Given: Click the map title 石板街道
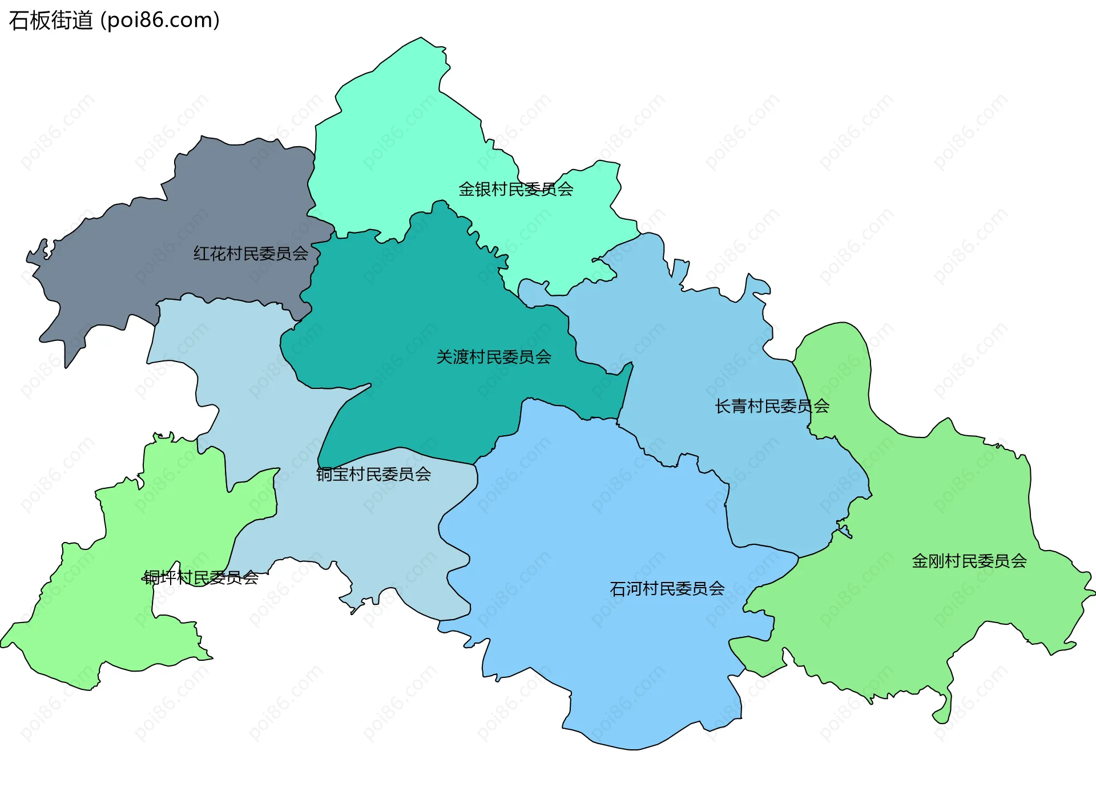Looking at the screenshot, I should pyautogui.click(x=51, y=21).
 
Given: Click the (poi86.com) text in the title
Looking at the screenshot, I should pyautogui.click(x=160, y=21).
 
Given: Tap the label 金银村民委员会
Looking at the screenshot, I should pyautogui.click(x=515, y=189).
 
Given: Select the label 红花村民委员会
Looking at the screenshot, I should pyautogui.click(x=251, y=253).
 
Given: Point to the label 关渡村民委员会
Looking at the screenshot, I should pyautogui.click(x=494, y=357).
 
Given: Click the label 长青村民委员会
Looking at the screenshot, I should pyautogui.click(x=772, y=406).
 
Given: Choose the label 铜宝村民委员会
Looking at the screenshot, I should pyautogui.click(x=374, y=474).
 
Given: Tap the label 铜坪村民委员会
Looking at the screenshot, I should pyautogui.click(x=201, y=577).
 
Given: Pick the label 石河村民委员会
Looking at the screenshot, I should pyautogui.click(x=667, y=588).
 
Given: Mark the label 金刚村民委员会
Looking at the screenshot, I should pyautogui.click(x=969, y=561).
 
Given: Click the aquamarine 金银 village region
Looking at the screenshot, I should pyautogui.click(x=400, y=143).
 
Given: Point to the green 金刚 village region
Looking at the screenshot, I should pyautogui.click(x=942, y=617).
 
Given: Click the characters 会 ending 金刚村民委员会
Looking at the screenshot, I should pyautogui.click(x=1019, y=561).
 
